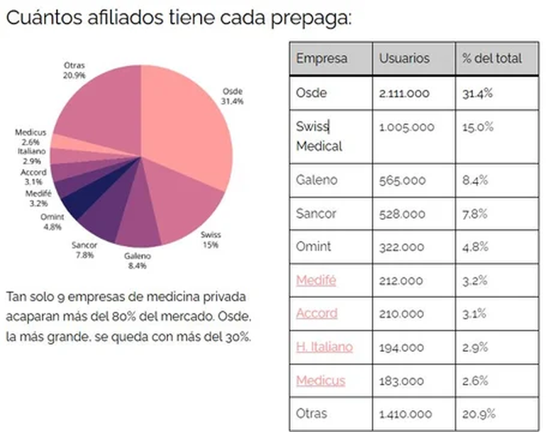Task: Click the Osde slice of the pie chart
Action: pos(188,135)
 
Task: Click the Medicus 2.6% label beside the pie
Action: pos(30,136)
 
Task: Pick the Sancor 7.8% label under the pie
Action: pos(84,250)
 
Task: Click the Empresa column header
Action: pos(321,58)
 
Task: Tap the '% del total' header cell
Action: pos(491,58)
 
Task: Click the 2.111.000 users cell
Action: pos(404,94)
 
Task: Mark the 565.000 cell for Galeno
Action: pos(399,181)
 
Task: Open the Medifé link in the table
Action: pos(316,280)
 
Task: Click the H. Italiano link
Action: pos(324,347)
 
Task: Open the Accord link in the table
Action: pos(316,314)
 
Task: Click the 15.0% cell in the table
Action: pos(478,127)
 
